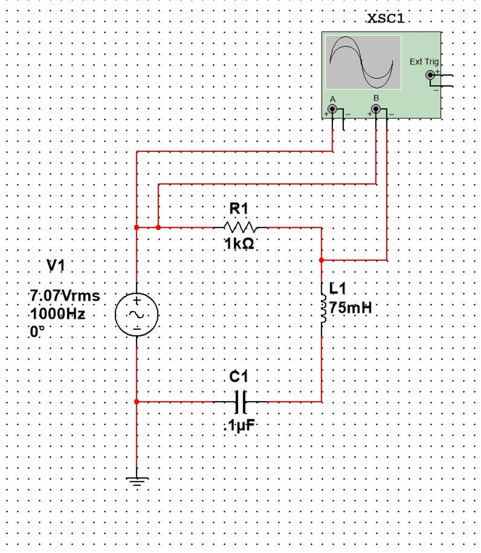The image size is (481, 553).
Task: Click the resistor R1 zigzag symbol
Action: point(240,227)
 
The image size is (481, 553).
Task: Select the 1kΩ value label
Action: point(239,244)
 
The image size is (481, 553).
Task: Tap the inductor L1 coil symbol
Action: point(323,309)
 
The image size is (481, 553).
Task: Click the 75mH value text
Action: point(350,308)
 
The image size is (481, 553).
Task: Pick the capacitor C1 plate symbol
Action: point(240,402)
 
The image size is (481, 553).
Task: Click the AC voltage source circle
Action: point(137,315)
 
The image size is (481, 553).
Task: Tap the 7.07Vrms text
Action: point(65,296)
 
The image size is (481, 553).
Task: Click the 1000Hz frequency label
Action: point(58,314)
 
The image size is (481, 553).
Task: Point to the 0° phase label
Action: point(37,332)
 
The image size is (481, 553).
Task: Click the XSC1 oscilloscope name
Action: point(386,19)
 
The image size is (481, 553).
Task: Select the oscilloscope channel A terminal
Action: point(332,109)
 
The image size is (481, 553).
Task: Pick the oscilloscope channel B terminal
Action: point(376,109)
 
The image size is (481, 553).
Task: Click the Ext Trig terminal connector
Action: point(430,75)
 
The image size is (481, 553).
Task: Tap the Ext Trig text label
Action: point(424,62)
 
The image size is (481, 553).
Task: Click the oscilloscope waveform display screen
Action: point(363,62)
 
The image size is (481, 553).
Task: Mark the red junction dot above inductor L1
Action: point(321,260)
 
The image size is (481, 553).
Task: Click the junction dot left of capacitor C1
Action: point(137,402)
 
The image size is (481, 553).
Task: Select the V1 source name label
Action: point(56,265)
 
